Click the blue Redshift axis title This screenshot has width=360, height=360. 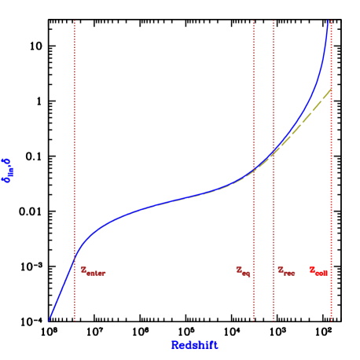click(194, 344)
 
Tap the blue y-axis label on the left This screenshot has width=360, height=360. click(8, 170)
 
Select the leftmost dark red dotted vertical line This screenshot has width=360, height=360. click(75, 157)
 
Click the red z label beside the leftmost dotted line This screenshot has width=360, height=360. click(92, 270)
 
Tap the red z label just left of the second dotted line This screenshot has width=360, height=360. click(243, 270)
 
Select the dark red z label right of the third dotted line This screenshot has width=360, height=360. click(285, 270)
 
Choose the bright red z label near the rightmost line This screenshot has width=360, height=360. click(318, 270)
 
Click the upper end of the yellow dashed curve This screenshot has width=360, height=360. click(330, 89)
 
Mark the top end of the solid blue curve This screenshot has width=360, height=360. click(327, 20)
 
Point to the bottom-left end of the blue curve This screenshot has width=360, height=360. click(49, 320)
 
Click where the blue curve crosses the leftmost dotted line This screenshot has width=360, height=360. click(75, 255)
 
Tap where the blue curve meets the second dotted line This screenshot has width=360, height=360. click(253, 171)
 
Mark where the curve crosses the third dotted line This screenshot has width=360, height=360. click(274, 152)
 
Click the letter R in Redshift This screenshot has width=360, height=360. click(174, 344)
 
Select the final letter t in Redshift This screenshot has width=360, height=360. click(215, 344)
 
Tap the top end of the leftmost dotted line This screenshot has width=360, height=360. click(75, 20)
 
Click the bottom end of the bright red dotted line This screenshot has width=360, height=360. click(331, 321)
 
